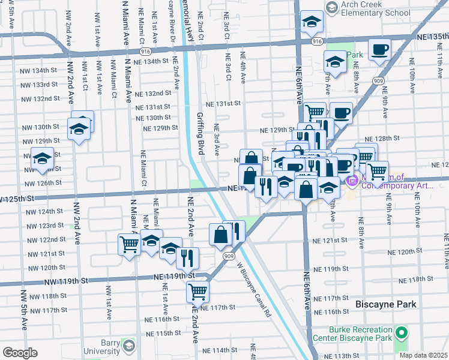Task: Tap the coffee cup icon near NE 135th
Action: click(379, 50)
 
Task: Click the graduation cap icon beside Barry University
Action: click(128, 346)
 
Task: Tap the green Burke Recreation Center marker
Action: click(400, 332)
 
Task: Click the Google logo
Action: click(20, 352)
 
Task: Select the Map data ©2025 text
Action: click(423, 355)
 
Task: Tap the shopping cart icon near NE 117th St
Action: click(197, 292)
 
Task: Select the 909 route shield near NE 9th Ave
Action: click(379, 80)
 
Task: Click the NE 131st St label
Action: click(223, 103)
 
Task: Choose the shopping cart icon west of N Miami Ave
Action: click(129, 244)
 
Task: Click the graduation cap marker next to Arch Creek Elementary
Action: click(311, 22)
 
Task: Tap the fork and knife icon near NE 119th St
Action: click(187, 258)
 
